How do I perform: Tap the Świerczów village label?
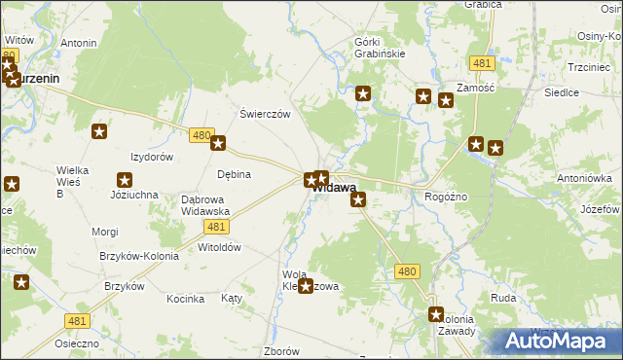click(266, 113)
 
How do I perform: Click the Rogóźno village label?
click(447, 196)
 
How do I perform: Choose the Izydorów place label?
click(152, 157)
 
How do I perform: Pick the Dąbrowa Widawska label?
click(205, 205)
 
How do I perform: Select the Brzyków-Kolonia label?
click(137, 256)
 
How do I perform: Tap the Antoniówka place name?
click(584, 178)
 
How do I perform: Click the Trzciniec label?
click(588, 67)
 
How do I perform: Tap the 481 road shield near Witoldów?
click(217, 227)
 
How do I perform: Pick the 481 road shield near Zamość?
click(481, 63)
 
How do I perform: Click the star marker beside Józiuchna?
click(125, 179)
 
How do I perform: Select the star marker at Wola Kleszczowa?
click(306, 286)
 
